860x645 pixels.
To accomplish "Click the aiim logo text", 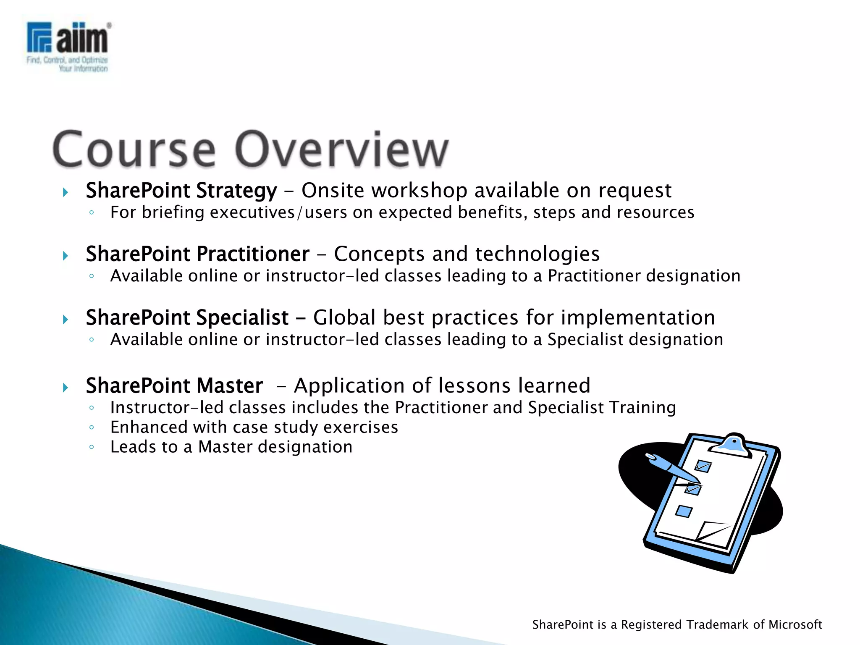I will coord(82,39).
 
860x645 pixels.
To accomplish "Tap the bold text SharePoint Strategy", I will coord(181,191).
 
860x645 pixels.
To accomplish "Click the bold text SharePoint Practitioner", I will coord(197,254).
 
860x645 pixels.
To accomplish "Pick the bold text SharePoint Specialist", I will coord(187,317).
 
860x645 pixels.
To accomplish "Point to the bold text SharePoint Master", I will coord(174,385).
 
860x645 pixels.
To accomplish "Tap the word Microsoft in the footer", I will coord(795,625).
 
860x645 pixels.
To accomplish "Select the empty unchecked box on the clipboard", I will coord(684,511).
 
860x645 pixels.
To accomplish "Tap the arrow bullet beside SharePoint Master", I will coord(66,387).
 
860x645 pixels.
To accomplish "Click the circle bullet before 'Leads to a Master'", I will coord(92,447).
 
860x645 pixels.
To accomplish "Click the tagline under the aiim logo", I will coord(67,64).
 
